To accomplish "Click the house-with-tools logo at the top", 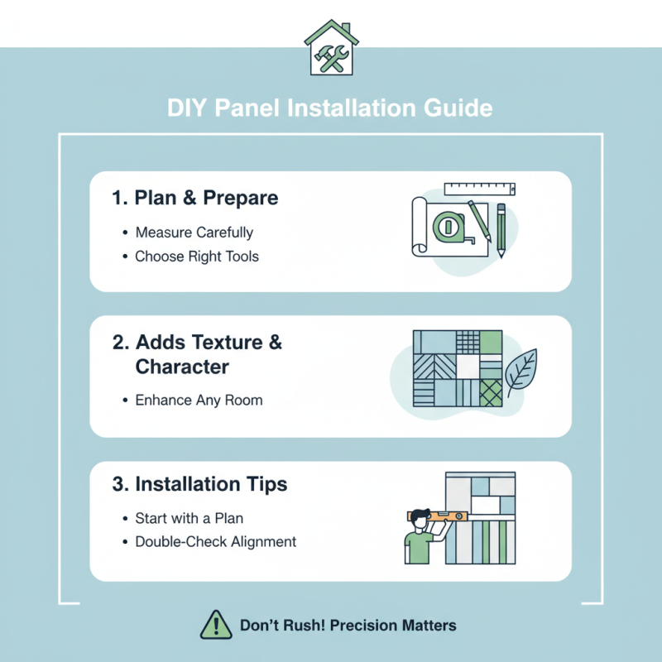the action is click(332, 48).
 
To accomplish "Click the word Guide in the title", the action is click(458, 108).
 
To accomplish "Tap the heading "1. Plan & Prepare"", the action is click(195, 198).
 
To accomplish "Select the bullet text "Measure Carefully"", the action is click(194, 233).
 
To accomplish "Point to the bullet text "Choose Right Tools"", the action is click(197, 257).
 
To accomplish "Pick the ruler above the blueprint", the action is click(480, 189).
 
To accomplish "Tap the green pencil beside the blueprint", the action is click(501, 230).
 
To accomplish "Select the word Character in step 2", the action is click(182, 367).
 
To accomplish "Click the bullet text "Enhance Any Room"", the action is click(199, 400).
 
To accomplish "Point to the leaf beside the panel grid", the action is click(522, 372).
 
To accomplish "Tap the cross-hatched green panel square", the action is click(491, 393).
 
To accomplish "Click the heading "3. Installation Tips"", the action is click(199, 484).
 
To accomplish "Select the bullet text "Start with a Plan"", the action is click(189, 518).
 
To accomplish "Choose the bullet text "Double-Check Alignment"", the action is click(216, 542).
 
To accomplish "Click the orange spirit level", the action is click(438, 516).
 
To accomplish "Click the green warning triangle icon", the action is click(216, 625).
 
